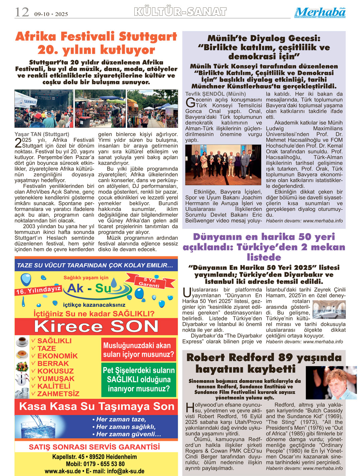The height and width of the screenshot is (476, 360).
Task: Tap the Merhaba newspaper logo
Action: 320,13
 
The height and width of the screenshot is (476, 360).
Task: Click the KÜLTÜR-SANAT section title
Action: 180,12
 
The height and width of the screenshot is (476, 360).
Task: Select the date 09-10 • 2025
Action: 51,14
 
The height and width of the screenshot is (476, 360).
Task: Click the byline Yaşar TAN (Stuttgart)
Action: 42,134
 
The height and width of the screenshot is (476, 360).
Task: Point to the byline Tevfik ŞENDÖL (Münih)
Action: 216,94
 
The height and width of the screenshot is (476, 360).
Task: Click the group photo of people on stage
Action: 223,165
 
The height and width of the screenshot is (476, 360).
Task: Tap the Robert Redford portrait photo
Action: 331,382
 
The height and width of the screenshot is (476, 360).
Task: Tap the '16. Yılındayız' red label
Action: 38,290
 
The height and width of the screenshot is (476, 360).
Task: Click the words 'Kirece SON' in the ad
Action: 96,326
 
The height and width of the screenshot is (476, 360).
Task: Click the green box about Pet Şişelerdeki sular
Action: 139,380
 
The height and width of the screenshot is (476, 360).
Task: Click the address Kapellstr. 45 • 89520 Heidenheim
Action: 95,457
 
